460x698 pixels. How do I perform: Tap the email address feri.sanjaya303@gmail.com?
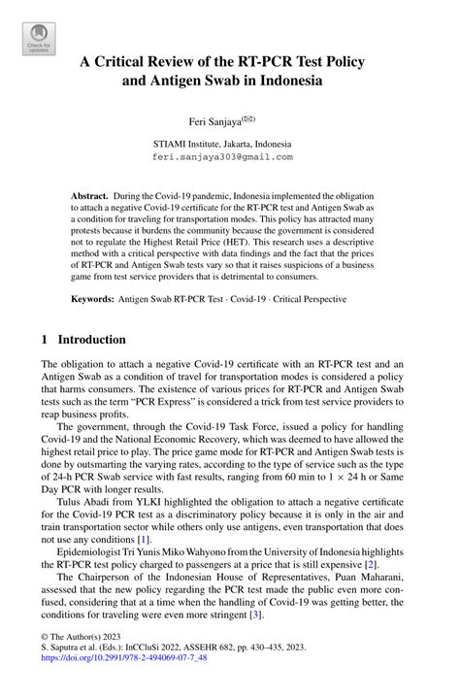[x=230, y=156]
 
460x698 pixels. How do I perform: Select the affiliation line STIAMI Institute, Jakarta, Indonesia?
[x=230, y=143]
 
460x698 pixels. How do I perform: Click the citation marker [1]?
[x=144, y=538]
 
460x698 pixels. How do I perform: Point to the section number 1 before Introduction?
[x=44, y=341]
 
